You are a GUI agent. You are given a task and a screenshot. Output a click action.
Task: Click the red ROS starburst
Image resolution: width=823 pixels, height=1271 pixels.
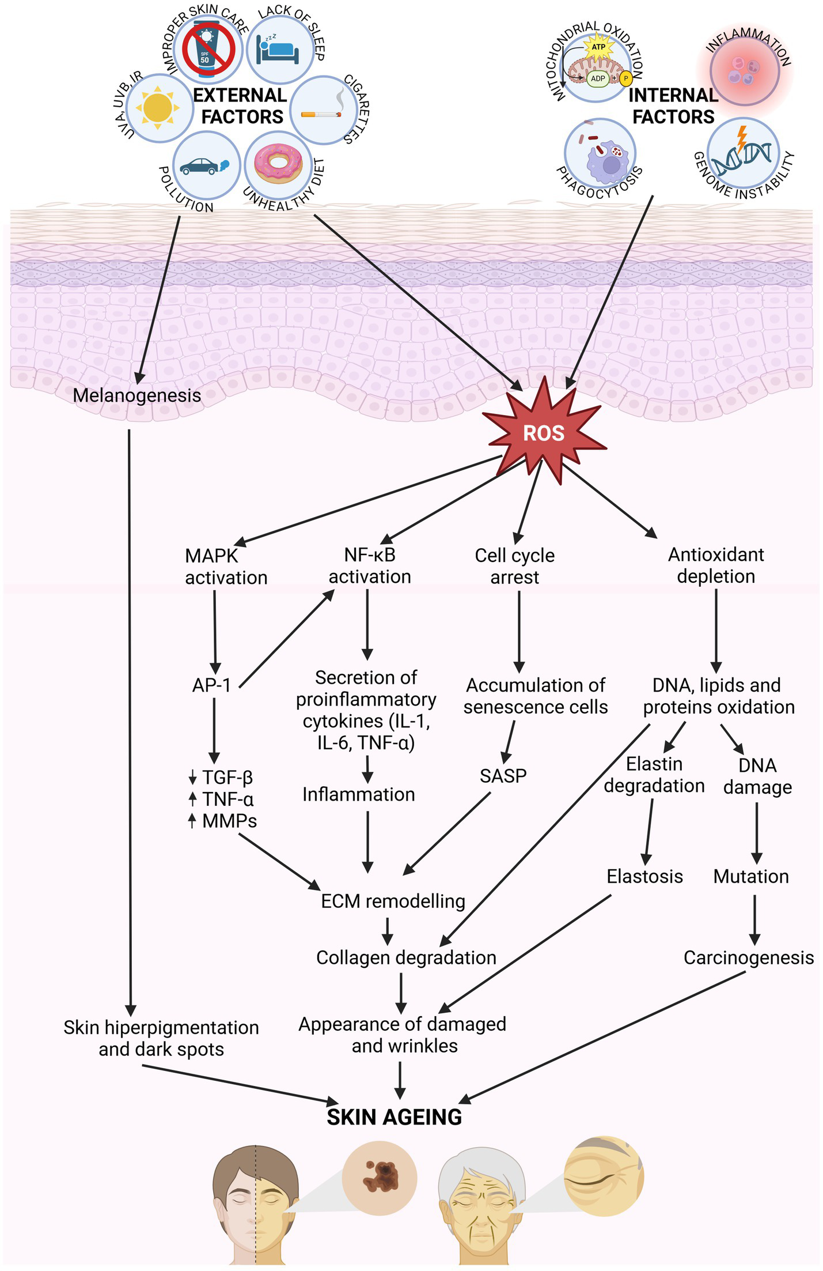(543, 432)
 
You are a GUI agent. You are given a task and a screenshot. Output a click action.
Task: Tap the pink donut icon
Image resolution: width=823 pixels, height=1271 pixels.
(278, 163)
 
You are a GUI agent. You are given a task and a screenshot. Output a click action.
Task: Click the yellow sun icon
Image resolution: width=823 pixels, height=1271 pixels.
(157, 108)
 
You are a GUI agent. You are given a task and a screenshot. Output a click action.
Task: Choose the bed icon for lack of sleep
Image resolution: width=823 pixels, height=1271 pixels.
(279, 51)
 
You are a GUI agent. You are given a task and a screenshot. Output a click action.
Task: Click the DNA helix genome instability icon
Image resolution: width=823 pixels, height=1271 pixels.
(742, 153)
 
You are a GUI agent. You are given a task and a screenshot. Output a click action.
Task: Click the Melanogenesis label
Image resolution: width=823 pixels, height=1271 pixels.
(137, 395)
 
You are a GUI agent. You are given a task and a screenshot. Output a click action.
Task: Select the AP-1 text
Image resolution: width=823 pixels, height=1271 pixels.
(211, 685)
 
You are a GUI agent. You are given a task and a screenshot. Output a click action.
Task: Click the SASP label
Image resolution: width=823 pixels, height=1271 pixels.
(503, 776)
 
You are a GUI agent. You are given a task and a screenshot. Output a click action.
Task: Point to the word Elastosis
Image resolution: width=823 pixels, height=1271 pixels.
(644, 876)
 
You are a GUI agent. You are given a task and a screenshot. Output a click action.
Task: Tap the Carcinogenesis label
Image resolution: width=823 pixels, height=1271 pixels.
(748, 957)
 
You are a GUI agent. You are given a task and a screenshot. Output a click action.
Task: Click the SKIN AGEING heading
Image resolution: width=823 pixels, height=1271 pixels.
(394, 1117)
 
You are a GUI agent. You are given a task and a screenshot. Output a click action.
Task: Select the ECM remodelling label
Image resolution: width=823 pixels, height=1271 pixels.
(393, 901)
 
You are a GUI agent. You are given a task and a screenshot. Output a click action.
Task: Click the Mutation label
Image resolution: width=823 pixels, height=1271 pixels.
(751, 876)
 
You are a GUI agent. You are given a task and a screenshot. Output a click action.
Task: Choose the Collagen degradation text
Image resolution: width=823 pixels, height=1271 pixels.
(406, 957)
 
